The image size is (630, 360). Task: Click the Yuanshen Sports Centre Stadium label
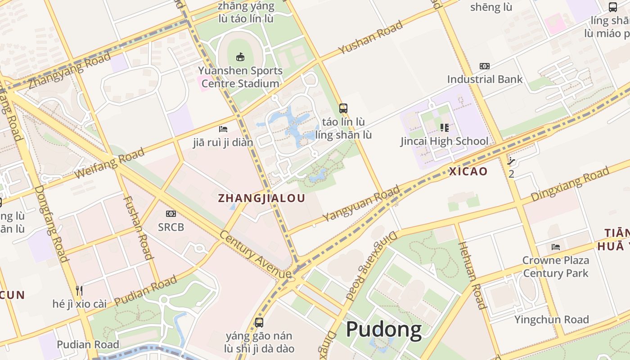(x=240, y=77)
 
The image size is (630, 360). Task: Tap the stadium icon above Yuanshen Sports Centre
(x=240, y=57)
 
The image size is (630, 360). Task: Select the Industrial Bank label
(x=485, y=79)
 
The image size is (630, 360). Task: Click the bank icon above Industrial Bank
(x=484, y=66)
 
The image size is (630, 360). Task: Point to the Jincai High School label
(x=444, y=141)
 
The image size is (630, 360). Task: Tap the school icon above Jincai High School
(x=445, y=128)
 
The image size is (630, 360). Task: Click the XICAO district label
(x=468, y=171)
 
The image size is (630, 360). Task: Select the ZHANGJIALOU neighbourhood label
(x=261, y=198)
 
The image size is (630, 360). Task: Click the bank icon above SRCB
(x=171, y=214)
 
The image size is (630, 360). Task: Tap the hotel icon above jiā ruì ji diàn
(x=223, y=129)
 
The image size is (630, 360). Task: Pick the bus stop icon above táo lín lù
(x=343, y=108)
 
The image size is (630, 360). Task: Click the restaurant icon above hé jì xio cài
(x=79, y=290)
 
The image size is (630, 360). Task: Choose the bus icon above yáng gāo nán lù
(x=259, y=322)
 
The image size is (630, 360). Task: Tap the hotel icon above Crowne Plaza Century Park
(x=556, y=247)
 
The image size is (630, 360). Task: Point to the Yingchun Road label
(x=552, y=319)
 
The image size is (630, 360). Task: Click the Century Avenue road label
(x=255, y=255)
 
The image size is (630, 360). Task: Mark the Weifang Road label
(x=109, y=163)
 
